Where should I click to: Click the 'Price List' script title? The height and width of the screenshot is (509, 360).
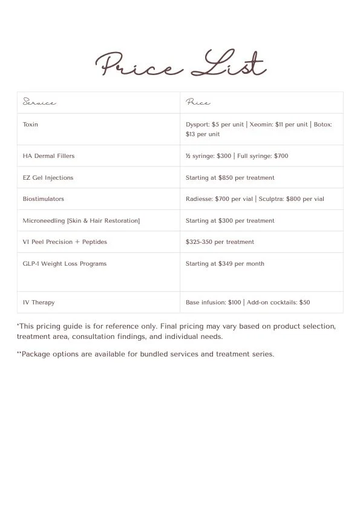click(x=180, y=65)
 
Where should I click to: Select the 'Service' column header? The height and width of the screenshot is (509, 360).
click(x=39, y=102)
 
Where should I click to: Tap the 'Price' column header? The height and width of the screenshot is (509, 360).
click(x=198, y=102)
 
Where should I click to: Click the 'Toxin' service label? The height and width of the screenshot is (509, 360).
click(x=30, y=125)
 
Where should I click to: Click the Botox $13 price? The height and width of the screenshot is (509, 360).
click(x=191, y=134)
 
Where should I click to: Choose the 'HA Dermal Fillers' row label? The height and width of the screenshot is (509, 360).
click(x=48, y=156)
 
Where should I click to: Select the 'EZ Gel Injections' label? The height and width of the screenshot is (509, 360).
click(x=48, y=178)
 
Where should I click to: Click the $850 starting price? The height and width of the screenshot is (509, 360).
click(x=228, y=178)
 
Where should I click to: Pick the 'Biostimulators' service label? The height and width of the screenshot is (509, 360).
click(x=43, y=199)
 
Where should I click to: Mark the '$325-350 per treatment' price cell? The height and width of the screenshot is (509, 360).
click(x=220, y=242)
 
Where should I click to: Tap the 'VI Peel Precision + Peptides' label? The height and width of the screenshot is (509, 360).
click(x=65, y=242)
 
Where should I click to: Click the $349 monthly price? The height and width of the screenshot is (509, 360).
click(x=228, y=264)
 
